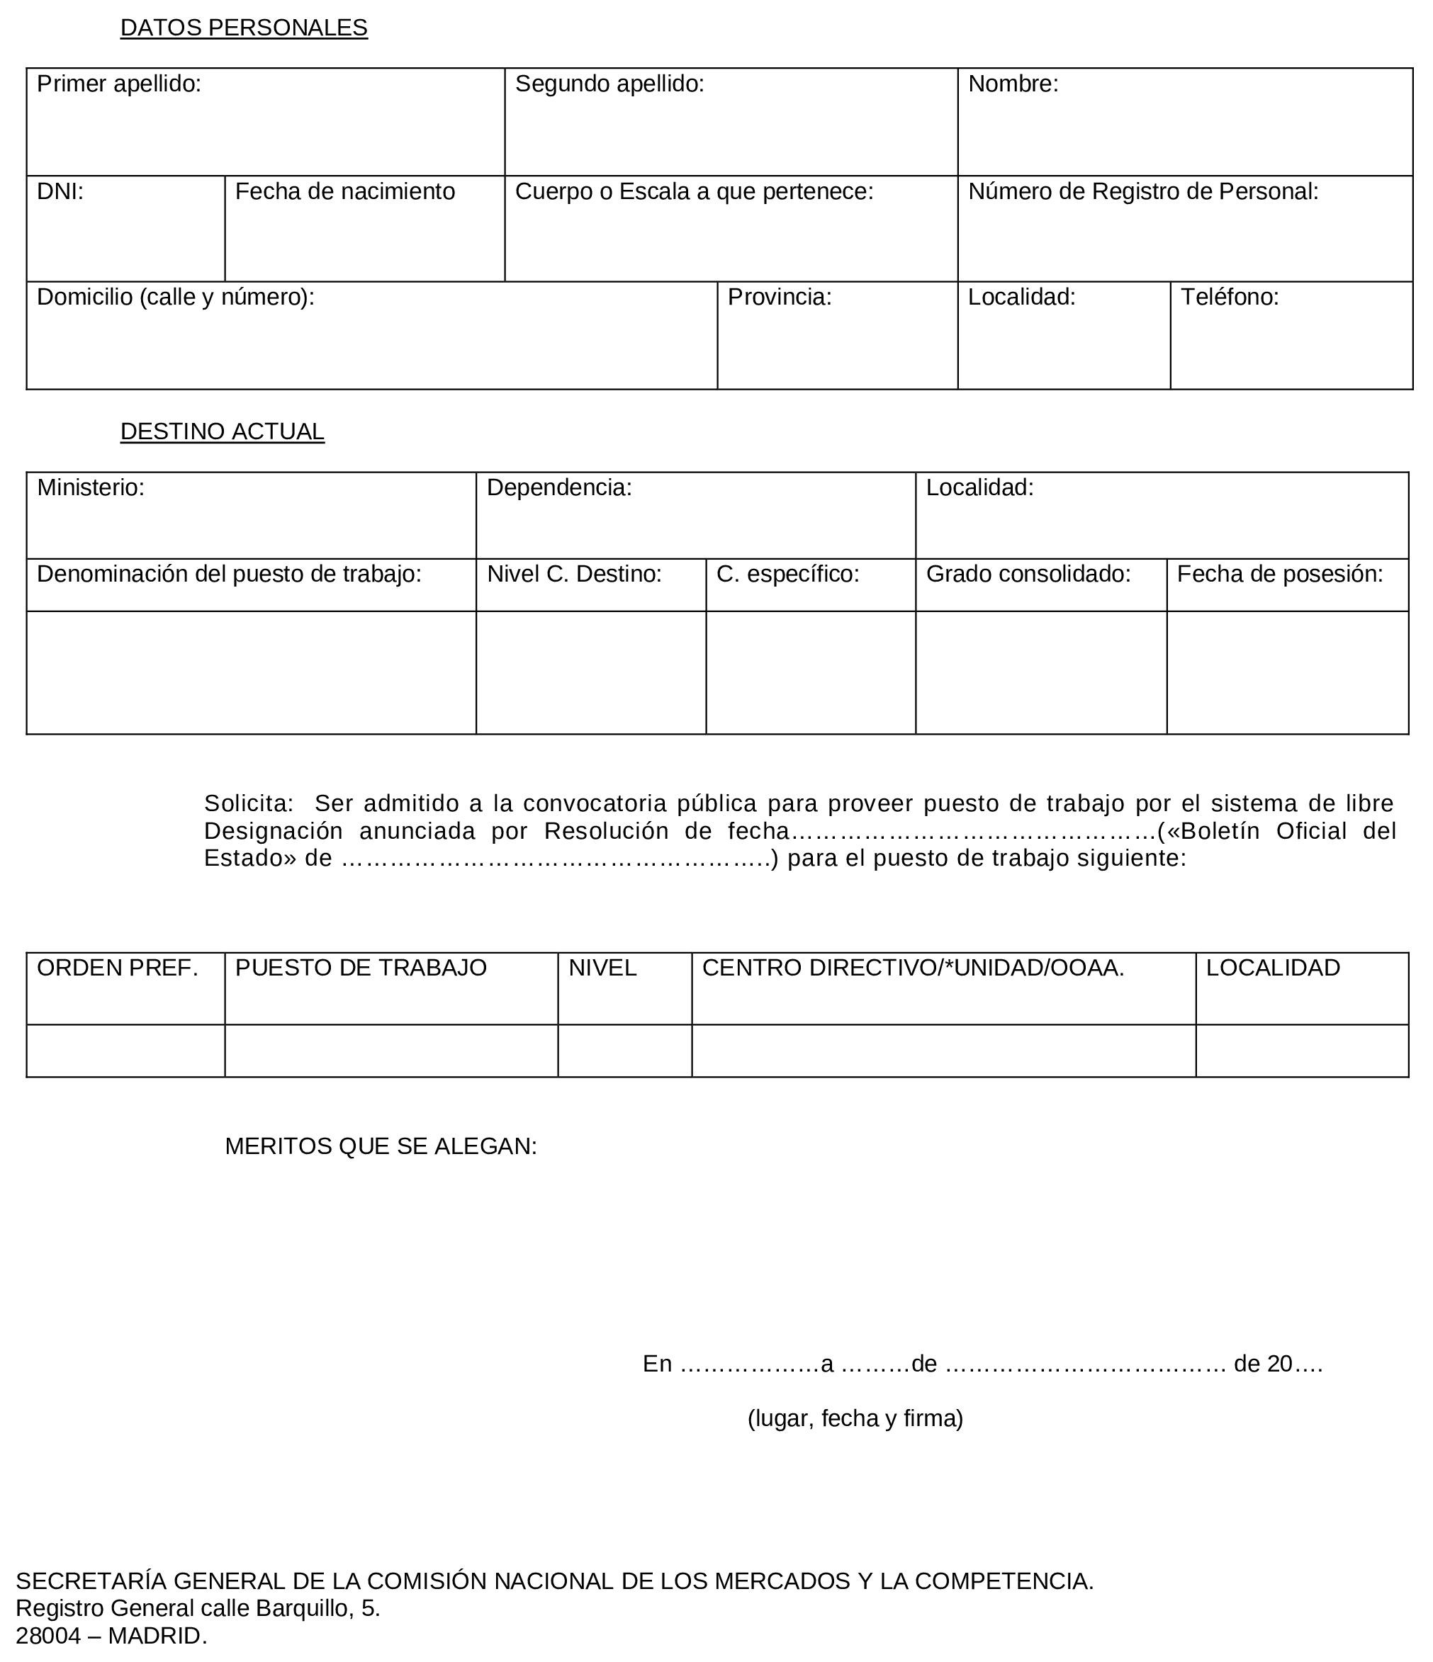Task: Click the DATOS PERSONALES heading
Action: click(243, 28)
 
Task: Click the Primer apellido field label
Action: click(119, 84)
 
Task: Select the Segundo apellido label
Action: click(609, 84)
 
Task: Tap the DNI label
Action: click(60, 192)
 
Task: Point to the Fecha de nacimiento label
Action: click(344, 192)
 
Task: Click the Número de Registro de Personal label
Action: click(1142, 192)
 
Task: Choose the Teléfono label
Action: click(1229, 298)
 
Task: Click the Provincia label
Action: click(779, 298)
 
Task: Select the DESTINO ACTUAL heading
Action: click(223, 432)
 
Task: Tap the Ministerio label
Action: click(91, 487)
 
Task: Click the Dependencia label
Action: click(559, 487)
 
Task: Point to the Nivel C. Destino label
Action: click(573, 575)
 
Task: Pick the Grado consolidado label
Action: click(1028, 575)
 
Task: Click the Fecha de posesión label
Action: click(1280, 575)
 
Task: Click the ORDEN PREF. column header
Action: click(117, 968)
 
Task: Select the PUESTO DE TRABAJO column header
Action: click(360, 968)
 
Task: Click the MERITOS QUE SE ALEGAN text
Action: click(381, 1147)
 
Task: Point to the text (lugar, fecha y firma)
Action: click(855, 1419)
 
